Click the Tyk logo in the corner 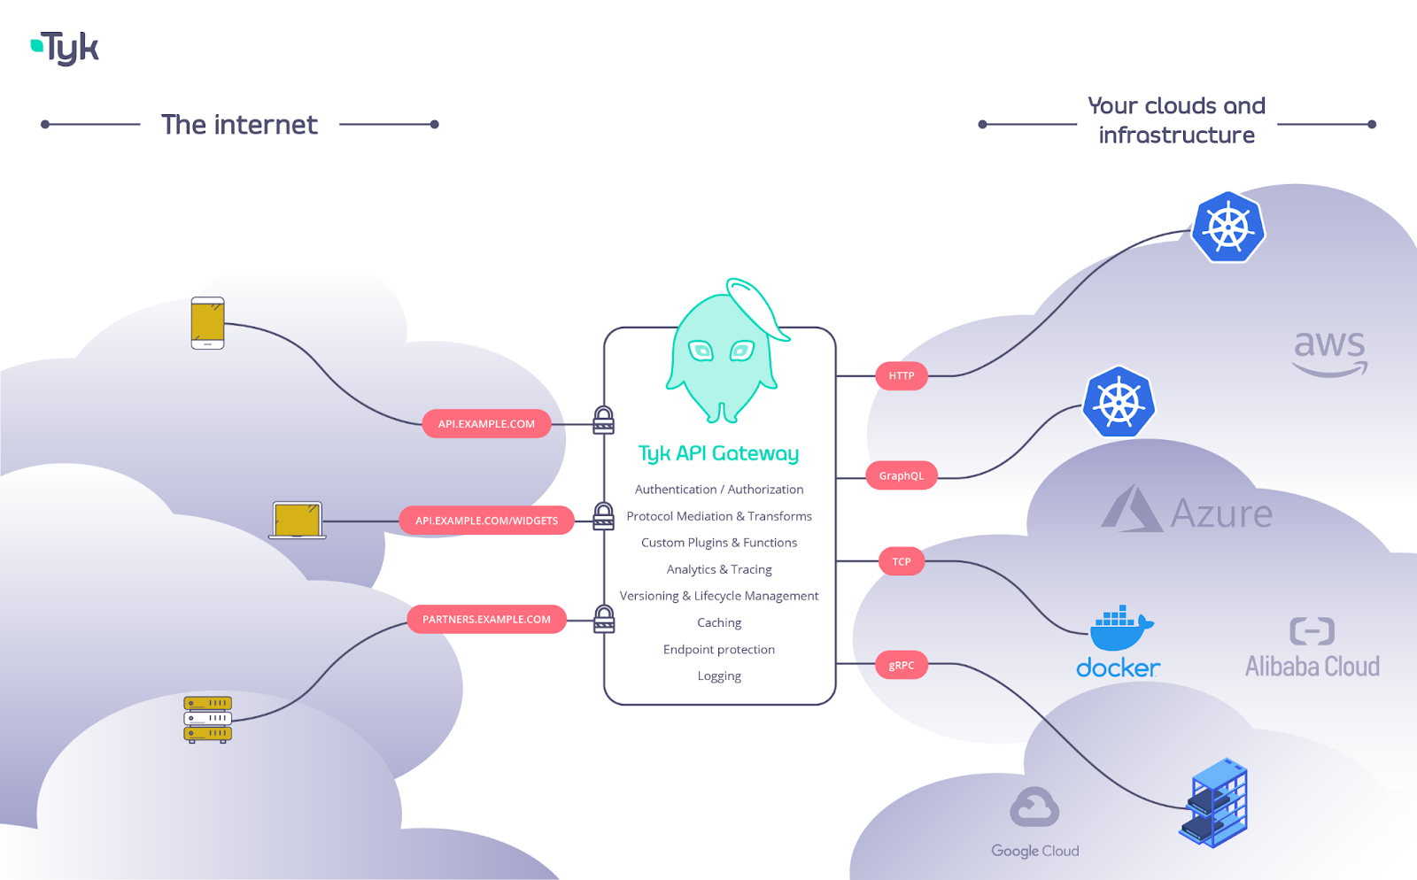(x=66, y=49)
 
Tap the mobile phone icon (x=207, y=323)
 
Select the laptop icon (x=298, y=521)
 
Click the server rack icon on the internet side (x=207, y=719)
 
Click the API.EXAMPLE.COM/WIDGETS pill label (x=486, y=521)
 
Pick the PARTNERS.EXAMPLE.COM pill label (x=486, y=619)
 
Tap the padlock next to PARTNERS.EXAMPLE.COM (x=604, y=619)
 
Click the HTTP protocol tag (x=902, y=376)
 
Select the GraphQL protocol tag (x=901, y=475)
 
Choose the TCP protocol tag (x=902, y=561)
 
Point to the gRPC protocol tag (x=902, y=665)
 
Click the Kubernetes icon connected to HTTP (x=1227, y=228)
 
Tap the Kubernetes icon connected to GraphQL (x=1119, y=403)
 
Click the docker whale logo (x=1119, y=628)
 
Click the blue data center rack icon (x=1214, y=803)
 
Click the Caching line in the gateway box (x=719, y=622)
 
